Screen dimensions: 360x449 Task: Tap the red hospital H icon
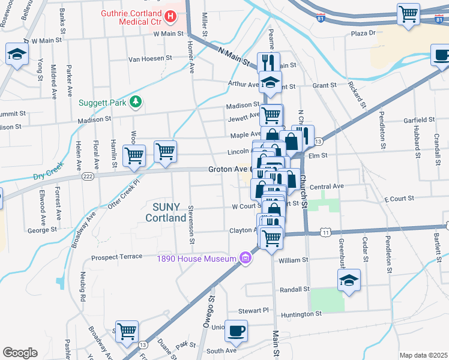pyautogui.click(x=170, y=17)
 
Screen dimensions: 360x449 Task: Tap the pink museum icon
pyautogui.click(x=244, y=259)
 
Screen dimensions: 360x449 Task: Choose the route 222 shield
pyautogui.click(x=88, y=176)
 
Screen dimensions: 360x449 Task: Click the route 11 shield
pyautogui.click(x=325, y=231)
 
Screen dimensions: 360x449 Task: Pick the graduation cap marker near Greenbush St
pyautogui.click(x=349, y=280)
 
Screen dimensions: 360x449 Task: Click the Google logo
pyautogui.click(x=20, y=353)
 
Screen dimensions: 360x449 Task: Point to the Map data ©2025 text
pyautogui.click(x=423, y=355)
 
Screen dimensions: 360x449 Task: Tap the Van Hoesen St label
pyautogui.click(x=150, y=59)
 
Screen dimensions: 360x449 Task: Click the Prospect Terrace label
pyautogui.click(x=116, y=257)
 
